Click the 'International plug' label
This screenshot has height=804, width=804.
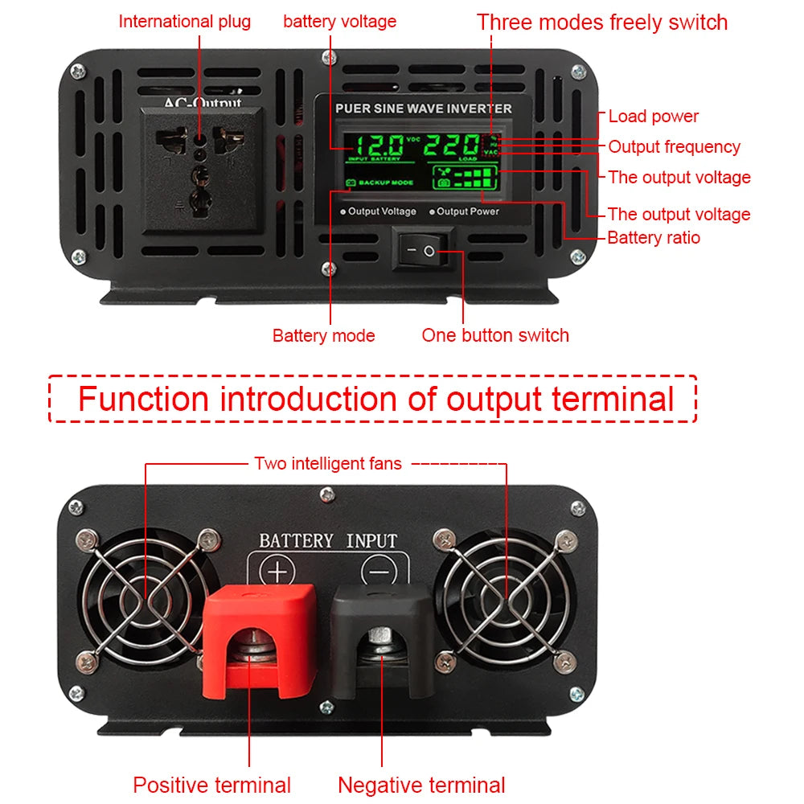[x=184, y=22]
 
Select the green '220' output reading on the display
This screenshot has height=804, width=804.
[x=452, y=146]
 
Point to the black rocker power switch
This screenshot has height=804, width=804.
[x=423, y=251]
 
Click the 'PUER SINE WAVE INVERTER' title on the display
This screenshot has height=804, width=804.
[x=423, y=109]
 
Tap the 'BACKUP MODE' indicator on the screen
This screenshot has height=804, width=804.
[x=380, y=183]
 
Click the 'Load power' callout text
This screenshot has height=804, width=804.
[x=653, y=117]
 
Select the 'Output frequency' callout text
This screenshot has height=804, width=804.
[x=674, y=147]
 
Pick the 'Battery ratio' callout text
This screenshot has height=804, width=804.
[x=653, y=238]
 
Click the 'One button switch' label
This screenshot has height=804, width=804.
[x=495, y=335]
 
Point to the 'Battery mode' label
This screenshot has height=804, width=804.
[x=323, y=335]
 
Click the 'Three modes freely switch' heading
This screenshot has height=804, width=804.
[x=601, y=22]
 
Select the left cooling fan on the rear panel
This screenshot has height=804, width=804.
[x=143, y=599]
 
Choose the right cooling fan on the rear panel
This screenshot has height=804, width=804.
[x=507, y=599]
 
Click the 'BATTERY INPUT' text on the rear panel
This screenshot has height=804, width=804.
[x=328, y=540]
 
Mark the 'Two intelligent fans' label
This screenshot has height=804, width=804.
[x=327, y=463]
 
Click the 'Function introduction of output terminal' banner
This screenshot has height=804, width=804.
[x=375, y=399]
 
